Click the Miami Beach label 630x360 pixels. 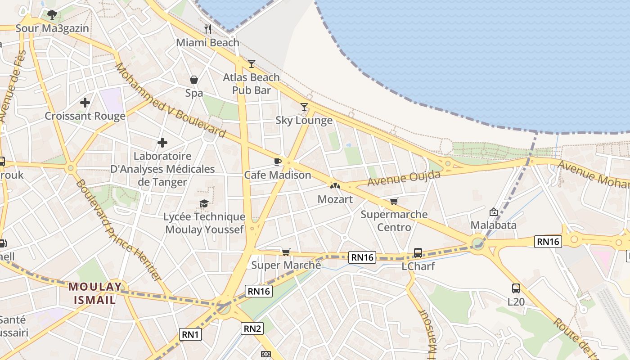pyautogui.click(x=207, y=43)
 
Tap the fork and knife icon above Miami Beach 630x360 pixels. pyautogui.click(x=207, y=29)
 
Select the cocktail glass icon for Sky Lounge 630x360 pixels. pyautogui.click(x=304, y=107)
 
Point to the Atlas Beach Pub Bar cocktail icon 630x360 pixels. pyautogui.click(x=252, y=64)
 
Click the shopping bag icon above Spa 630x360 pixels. pyautogui.click(x=194, y=80)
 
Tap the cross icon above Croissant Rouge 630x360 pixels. pyautogui.click(x=85, y=103)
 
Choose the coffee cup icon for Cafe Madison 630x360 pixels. pyautogui.click(x=278, y=162)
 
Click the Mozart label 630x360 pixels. pyautogui.click(x=335, y=199)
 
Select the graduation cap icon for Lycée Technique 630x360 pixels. pyautogui.click(x=204, y=204)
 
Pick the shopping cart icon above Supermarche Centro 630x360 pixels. pyautogui.click(x=394, y=201)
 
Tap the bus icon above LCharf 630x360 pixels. pyautogui.click(x=418, y=253)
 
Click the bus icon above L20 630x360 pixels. pyautogui.click(x=516, y=288)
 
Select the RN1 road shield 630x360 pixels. pyautogui.click(x=191, y=334)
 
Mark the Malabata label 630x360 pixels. pyautogui.click(x=493, y=225)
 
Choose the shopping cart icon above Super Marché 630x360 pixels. pyautogui.click(x=286, y=252)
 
